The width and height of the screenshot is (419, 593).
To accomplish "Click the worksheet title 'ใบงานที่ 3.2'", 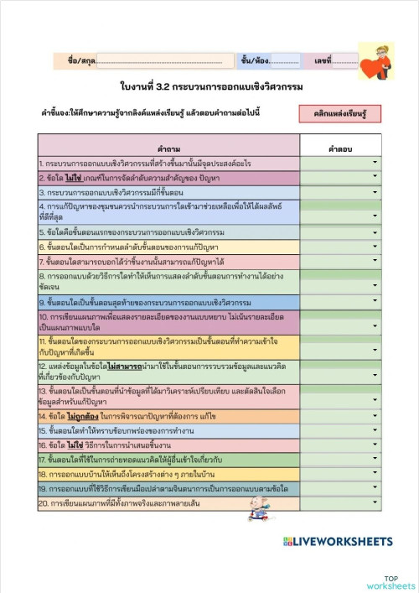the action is tap(209, 86).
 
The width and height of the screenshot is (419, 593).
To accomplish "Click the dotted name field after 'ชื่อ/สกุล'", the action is tap(159, 61).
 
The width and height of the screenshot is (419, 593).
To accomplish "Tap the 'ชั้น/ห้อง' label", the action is tap(255, 61).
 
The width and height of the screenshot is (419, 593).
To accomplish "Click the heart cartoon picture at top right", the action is tap(375, 60).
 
